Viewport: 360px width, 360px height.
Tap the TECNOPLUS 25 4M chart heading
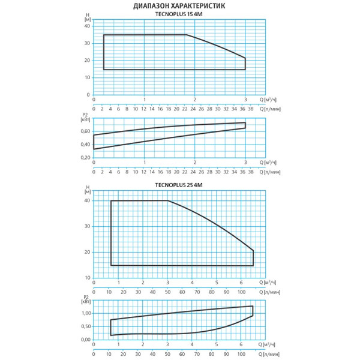[180, 187]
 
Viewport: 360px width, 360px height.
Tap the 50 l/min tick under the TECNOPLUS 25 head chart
[167, 292]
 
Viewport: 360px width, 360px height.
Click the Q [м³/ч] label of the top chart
[268, 100]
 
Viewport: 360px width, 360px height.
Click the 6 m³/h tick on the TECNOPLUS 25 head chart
[241, 282]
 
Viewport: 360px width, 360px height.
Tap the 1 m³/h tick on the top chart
[145, 100]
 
